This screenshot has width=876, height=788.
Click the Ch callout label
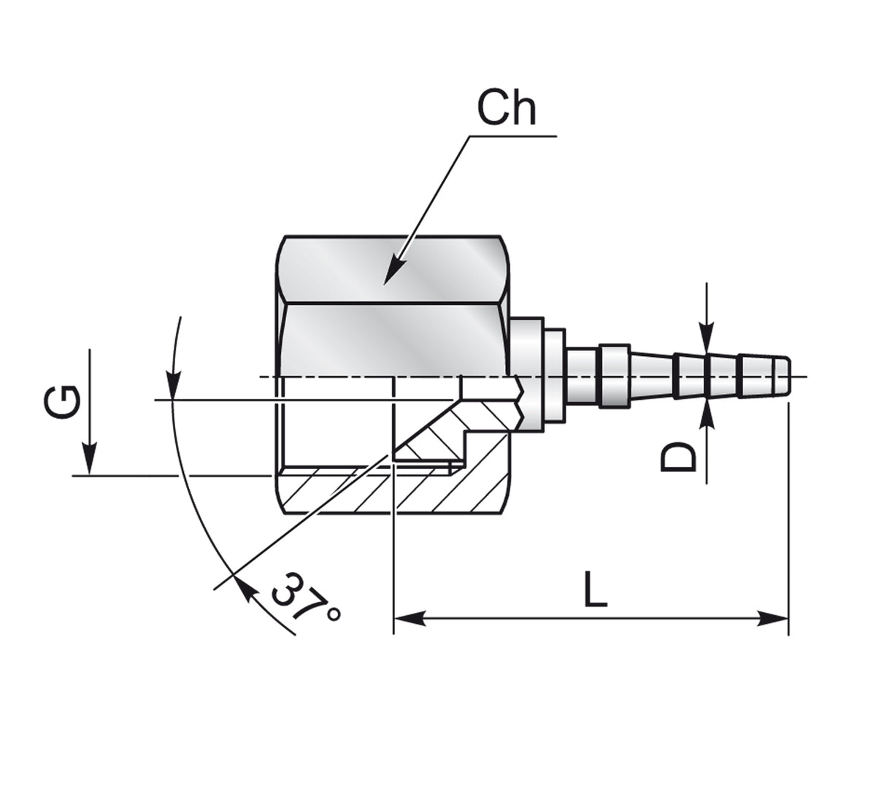[x=506, y=108]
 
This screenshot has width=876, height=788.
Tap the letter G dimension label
[x=61, y=402]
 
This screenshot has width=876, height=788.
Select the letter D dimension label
[x=678, y=456]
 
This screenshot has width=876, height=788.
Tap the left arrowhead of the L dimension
[x=410, y=618]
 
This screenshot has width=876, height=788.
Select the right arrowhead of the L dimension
[x=772, y=618]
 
